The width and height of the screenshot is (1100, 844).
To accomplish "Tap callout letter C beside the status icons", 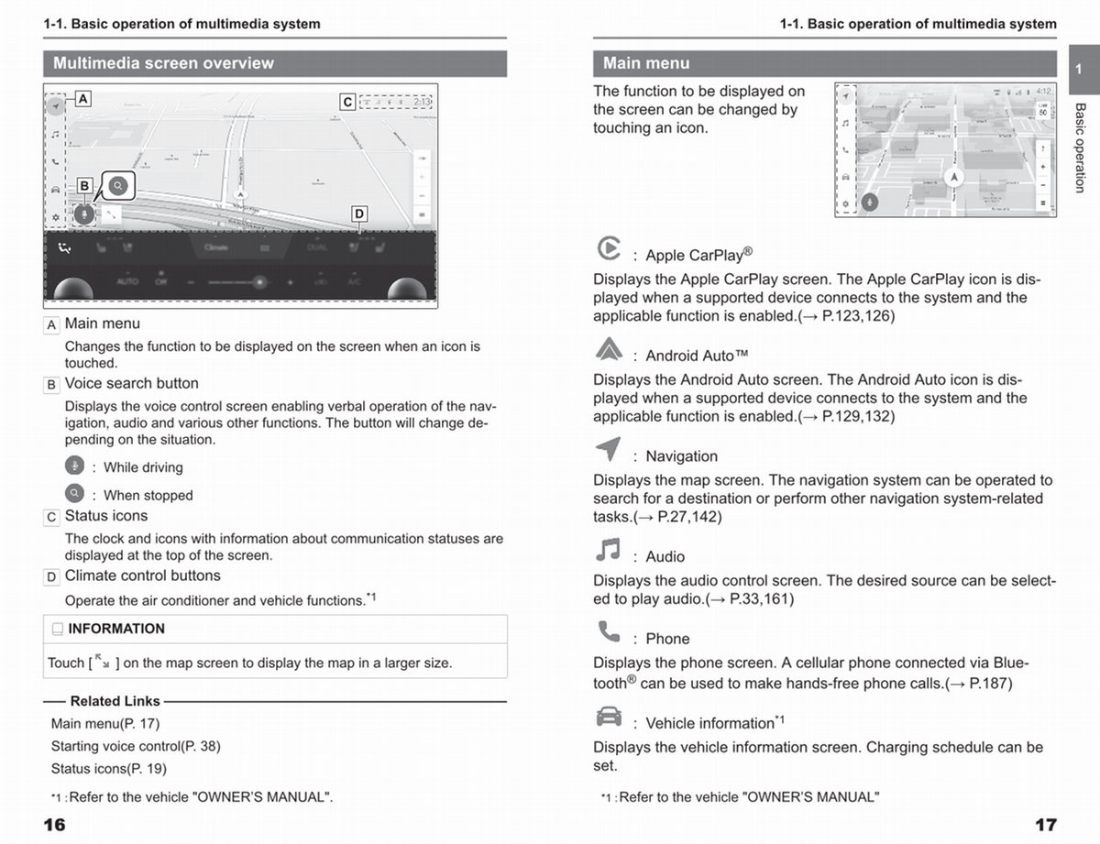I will point(347,102).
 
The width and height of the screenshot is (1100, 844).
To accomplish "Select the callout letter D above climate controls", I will point(359,214).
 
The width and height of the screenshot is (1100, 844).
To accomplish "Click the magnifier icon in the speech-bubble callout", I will point(118,186).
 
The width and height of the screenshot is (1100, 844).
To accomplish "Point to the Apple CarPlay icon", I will point(608,248).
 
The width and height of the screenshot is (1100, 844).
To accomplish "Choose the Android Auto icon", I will point(608,349).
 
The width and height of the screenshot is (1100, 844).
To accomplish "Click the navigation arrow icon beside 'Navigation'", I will point(608,450).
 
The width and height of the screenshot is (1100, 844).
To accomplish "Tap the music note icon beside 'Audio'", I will point(608,550).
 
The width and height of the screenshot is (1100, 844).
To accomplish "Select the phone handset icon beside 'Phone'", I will point(608,631).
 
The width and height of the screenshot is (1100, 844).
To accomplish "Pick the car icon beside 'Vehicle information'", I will point(608,716).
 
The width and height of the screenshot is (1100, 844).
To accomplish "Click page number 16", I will point(55,825).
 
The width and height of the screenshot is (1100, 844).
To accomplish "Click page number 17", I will point(1045,825).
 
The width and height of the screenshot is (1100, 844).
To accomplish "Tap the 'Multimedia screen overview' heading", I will point(163,63).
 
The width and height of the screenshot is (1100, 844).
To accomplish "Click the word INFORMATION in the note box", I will point(116,629).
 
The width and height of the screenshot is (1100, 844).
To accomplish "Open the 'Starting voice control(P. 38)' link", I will point(136,746).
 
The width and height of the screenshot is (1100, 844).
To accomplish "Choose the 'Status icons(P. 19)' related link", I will point(109,769).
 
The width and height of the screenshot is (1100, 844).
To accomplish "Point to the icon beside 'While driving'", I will point(74,465).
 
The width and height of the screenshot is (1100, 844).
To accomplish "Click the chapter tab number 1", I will point(1079,70).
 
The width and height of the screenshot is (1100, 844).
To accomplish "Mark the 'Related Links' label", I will point(115,701).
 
